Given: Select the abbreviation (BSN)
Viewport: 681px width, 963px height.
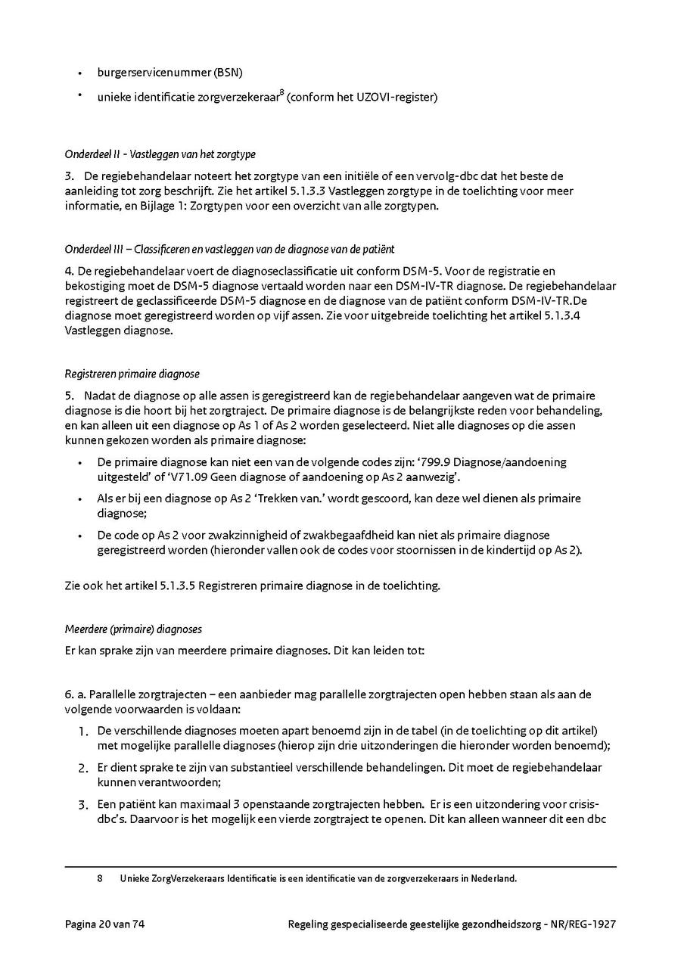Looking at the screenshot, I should [229, 73].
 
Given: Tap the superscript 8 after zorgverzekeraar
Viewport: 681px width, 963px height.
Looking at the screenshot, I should [281, 93].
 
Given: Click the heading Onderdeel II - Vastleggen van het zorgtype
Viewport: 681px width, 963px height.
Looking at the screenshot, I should [160, 154].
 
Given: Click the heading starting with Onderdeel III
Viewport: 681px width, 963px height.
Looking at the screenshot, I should [229, 250].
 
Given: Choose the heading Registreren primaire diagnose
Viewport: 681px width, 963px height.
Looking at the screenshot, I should [132, 374].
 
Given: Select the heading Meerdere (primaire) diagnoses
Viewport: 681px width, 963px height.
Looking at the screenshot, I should [133, 629].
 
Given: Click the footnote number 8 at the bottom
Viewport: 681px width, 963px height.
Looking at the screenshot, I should [100, 879].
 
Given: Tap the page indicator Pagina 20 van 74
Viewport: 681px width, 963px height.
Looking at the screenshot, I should [104, 924].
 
